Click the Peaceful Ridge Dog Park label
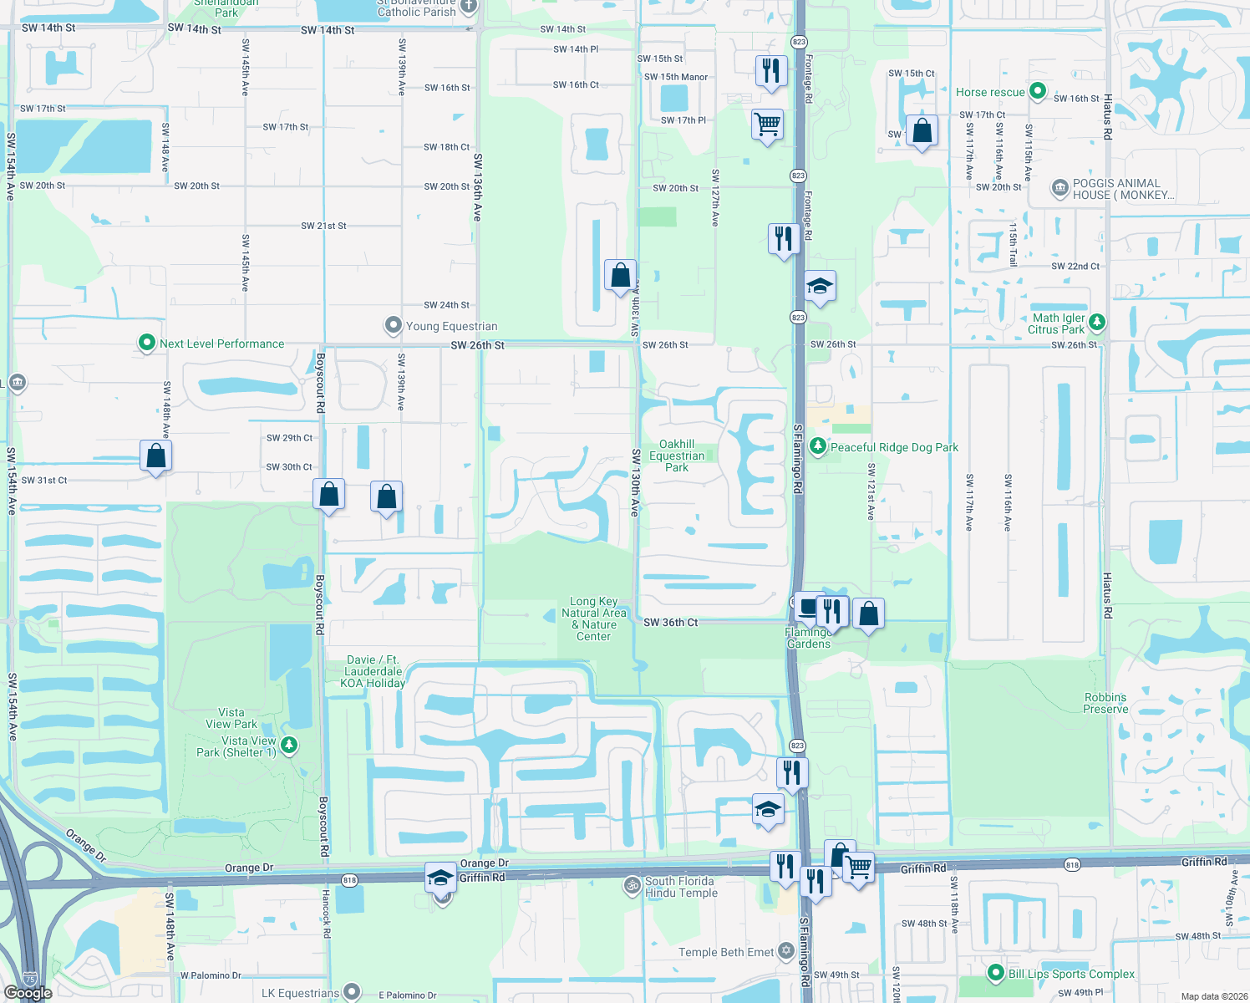click(x=894, y=447)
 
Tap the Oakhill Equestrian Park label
click(x=677, y=456)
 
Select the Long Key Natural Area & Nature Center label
click(x=594, y=619)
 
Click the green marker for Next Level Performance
click(x=147, y=343)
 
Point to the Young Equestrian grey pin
click(x=393, y=325)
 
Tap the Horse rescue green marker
click(x=1038, y=90)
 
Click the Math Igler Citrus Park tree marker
click(x=1097, y=322)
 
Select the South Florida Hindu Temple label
click(x=680, y=887)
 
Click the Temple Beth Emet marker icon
click(x=785, y=950)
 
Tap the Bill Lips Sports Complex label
click(x=1071, y=974)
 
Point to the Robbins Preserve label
click(x=1105, y=703)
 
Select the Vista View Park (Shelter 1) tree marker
click(x=289, y=744)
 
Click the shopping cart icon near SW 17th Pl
click(x=767, y=125)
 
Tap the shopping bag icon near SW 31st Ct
click(x=156, y=456)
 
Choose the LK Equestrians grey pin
click(x=352, y=991)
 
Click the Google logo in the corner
click(x=28, y=993)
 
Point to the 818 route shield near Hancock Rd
click(x=349, y=879)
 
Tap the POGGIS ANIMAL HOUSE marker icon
click(x=1059, y=188)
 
